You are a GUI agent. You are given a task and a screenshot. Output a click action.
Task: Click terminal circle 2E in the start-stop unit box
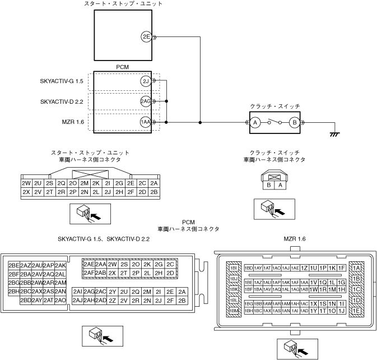(x=146, y=38)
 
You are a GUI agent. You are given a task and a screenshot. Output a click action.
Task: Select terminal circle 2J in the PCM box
(x=145, y=82)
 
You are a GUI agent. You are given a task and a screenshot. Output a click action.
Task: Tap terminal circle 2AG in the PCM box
(x=145, y=101)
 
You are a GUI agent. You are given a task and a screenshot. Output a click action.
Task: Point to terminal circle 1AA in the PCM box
(x=145, y=122)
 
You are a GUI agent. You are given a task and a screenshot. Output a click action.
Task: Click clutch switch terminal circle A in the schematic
(x=254, y=122)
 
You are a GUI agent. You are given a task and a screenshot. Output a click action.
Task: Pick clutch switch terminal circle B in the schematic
(x=292, y=122)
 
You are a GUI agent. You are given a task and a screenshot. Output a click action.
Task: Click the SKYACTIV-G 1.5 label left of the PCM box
(x=62, y=82)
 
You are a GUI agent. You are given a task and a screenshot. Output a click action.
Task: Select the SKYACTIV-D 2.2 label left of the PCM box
(x=62, y=101)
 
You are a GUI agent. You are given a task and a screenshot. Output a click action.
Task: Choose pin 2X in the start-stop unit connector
(x=26, y=192)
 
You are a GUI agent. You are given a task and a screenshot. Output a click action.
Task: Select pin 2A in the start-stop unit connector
(x=155, y=183)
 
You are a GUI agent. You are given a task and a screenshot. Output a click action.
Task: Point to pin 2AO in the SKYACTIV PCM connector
(x=60, y=300)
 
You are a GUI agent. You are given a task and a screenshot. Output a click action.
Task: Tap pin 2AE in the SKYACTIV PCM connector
(x=89, y=264)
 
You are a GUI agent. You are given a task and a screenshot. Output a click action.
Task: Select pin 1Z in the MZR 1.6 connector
(x=305, y=268)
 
